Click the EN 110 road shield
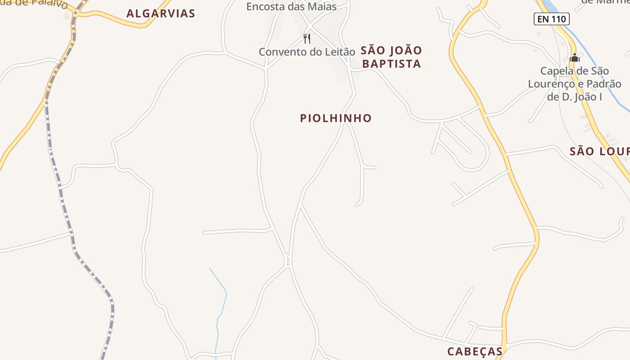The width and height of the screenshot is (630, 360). (x=552, y=19)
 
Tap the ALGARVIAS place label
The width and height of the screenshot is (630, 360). (x=161, y=13)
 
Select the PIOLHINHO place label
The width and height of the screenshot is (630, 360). (x=336, y=118)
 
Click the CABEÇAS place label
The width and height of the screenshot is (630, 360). (x=475, y=351)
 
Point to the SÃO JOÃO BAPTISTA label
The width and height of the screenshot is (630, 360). (x=391, y=57)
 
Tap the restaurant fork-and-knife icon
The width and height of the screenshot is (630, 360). (x=307, y=38)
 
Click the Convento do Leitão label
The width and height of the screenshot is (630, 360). (x=307, y=52)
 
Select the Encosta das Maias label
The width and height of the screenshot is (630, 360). (x=291, y=7)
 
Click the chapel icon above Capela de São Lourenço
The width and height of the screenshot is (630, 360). (x=574, y=58)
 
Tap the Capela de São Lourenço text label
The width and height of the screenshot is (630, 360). (x=574, y=84)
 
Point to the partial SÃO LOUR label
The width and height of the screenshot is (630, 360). (x=599, y=151)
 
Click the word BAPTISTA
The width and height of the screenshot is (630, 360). (x=391, y=64)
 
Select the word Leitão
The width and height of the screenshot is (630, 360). (x=339, y=52)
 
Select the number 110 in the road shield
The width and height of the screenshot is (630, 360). (x=558, y=19)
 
